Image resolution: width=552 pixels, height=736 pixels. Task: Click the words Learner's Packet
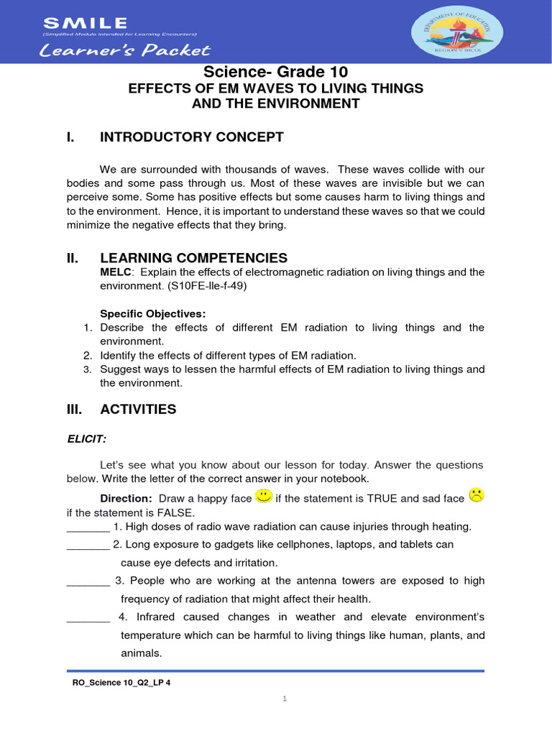click(126, 50)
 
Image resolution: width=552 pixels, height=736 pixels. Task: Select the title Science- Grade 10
click(275, 72)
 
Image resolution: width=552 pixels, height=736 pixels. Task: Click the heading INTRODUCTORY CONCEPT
click(192, 137)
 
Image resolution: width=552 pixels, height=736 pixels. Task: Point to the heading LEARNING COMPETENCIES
click(193, 257)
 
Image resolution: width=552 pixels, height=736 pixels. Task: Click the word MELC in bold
click(116, 272)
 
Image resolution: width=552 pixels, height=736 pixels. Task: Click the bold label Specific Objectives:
click(152, 313)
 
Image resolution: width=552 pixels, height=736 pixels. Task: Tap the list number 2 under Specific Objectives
click(86, 355)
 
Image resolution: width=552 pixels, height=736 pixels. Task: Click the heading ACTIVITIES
click(138, 409)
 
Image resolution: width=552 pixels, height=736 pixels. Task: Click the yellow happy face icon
click(264, 496)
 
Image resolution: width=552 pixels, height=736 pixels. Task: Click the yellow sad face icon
click(476, 495)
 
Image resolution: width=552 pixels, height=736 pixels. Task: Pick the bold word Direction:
click(126, 498)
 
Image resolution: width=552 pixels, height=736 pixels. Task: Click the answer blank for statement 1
click(88, 528)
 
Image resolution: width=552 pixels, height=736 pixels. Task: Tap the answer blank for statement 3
click(88, 581)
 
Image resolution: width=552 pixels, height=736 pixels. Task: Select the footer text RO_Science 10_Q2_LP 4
click(117, 683)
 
